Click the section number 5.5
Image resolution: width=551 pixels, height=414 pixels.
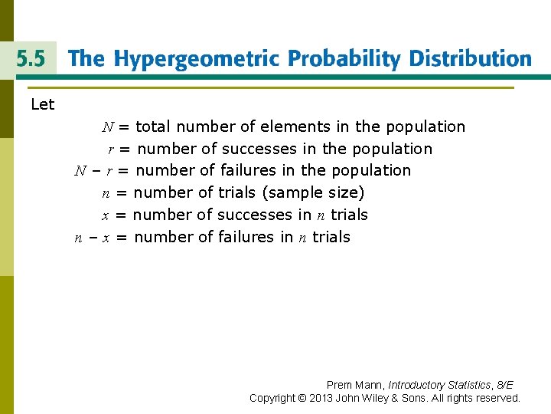(28, 59)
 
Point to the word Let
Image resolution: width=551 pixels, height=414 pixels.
(43, 104)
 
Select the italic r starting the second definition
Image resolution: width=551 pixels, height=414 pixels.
(111, 149)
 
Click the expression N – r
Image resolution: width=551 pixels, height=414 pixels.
(93, 170)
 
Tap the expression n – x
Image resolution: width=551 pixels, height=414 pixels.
(93, 238)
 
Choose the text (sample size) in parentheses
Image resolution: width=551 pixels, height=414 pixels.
(313, 192)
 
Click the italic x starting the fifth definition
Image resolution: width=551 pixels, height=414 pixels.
(106, 215)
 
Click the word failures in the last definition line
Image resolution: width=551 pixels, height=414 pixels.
(246, 237)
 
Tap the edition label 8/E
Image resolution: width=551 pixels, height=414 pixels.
(505, 385)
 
